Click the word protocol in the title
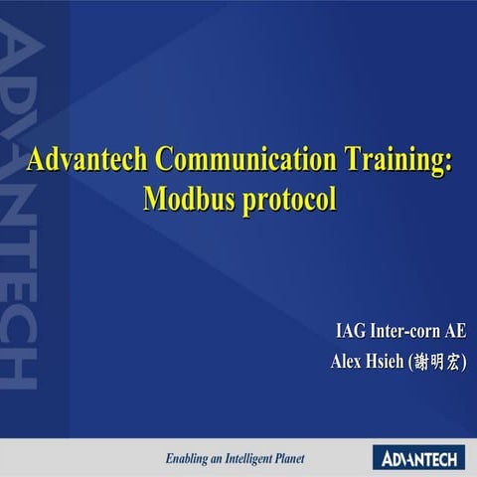[289, 198]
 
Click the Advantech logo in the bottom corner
[418, 457]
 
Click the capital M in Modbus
[155, 198]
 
